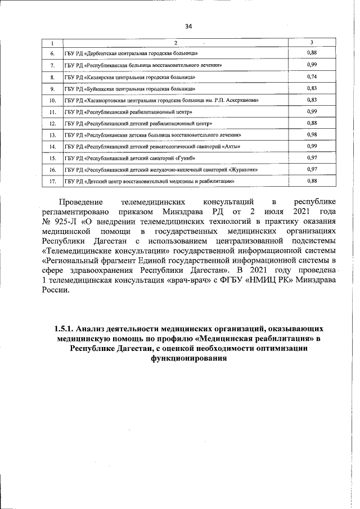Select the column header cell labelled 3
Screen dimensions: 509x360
click(x=312, y=43)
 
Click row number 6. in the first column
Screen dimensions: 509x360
click(x=52, y=53)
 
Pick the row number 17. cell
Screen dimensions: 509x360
click(x=52, y=182)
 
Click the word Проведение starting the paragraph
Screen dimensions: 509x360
click(x=82, y=201)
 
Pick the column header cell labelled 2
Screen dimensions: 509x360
click(x=175, y=43)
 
